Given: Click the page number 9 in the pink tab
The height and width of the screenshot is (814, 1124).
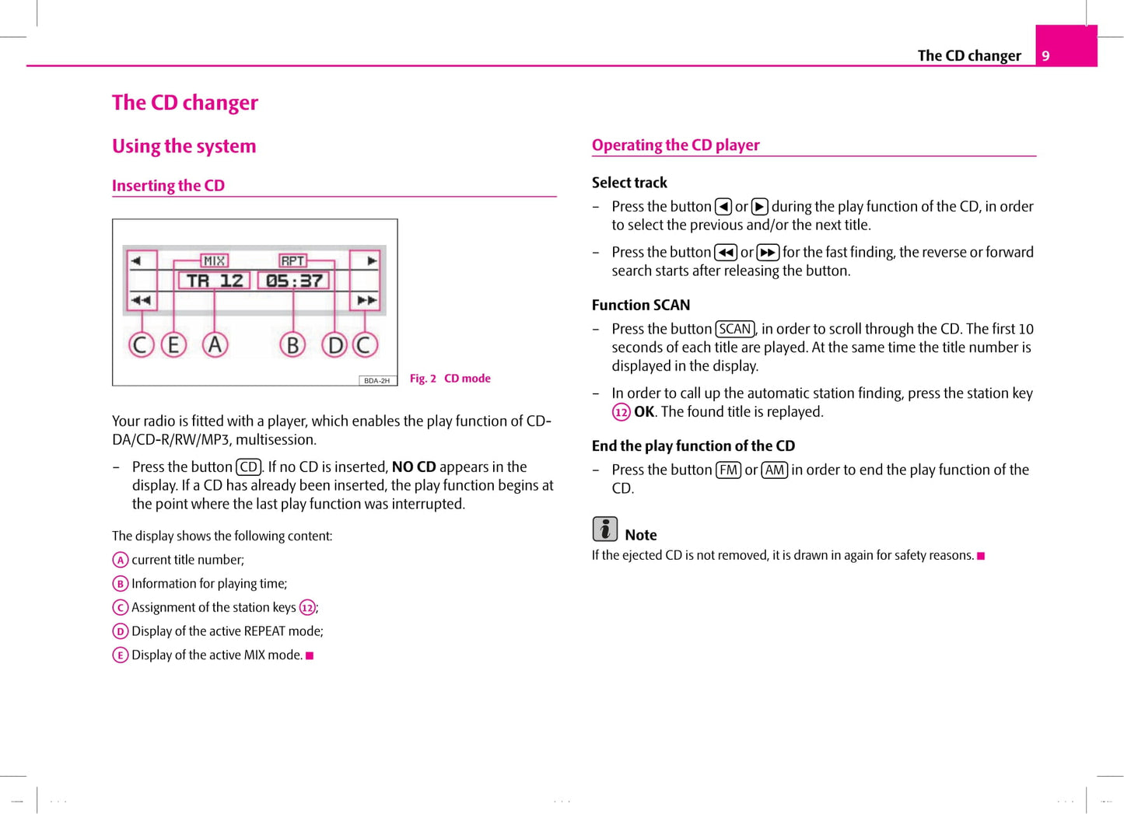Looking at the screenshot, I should (x=1045, y=55).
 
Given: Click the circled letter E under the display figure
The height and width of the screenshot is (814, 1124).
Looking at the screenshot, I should (x=173, y=344).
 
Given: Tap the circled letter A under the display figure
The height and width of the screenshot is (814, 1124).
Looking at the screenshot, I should (x=215, y=344).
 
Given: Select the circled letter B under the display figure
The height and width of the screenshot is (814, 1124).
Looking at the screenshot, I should (x=292, y=344).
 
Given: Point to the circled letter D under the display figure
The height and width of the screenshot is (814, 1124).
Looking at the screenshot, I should (x=334, y=344).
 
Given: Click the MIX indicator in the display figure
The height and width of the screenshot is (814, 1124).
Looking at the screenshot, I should (x=214, y=261).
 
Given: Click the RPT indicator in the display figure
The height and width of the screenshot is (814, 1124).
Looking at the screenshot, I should (x=292, y=261).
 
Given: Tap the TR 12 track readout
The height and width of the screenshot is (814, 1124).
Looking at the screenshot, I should (x=215, y=281).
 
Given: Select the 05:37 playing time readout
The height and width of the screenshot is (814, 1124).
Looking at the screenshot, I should (x=294, y=281).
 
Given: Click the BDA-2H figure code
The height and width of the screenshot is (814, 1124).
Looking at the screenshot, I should (x=377, y=381).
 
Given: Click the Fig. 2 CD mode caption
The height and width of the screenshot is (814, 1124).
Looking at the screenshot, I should (x=450, y=379).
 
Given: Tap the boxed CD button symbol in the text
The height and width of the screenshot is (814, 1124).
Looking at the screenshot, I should (x=248, y=467).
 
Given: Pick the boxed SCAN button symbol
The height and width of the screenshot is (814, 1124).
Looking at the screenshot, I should (x=734, y=329).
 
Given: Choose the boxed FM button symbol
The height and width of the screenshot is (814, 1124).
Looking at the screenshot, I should (x=728, y=470).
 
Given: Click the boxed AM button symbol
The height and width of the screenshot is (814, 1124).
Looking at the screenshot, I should (x=774, y=470).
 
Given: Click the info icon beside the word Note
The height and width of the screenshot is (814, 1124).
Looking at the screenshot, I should (x=604, y=529).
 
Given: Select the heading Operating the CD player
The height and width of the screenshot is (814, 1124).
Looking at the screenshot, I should (x=675, y=145).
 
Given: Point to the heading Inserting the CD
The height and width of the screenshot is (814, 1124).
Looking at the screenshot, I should (x=168, y=186).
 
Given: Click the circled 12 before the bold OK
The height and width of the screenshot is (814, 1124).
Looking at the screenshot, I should (x=621, y=412).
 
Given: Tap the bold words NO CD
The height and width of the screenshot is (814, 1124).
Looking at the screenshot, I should (x=414, y=467).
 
